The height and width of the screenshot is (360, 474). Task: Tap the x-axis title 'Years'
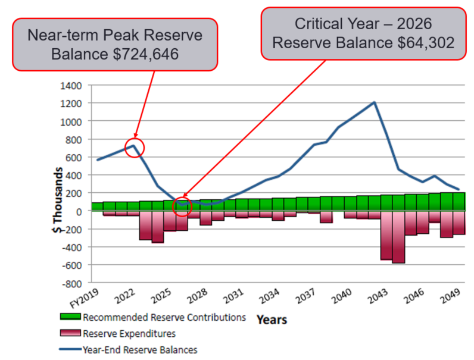click(272, 320)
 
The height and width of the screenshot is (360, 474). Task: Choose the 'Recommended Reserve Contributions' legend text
click(164, 317)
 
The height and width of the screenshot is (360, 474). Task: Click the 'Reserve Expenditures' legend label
click(129, 333)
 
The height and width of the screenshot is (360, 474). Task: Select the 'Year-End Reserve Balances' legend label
click(140, 350)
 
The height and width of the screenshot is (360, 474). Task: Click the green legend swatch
click(70, 317)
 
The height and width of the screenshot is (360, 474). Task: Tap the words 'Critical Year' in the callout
click(331, 24)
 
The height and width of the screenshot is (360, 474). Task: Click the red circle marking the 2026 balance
click(183, 206)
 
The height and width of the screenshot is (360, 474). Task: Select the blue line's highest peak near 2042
click(374, 102)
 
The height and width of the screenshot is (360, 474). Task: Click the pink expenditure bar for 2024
click(157, 227)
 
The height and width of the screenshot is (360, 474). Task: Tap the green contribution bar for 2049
click(459, 202)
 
